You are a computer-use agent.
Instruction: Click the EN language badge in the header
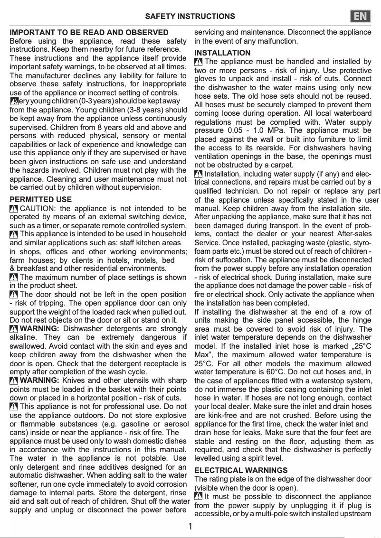[361, 16]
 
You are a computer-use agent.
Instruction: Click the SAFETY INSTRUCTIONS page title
[190, 16]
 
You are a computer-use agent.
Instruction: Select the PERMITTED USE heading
[41, 199]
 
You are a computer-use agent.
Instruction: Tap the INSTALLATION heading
[222, 53]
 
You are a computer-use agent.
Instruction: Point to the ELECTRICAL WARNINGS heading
[241, 470]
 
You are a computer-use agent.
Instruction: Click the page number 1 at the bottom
[190, 526]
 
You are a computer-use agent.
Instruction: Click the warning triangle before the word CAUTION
[14, 209]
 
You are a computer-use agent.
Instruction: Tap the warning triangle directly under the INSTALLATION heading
[199, 62]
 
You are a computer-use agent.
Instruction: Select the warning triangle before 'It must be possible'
[199, 497]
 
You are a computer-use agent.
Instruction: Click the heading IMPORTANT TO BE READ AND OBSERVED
[89, 32]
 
